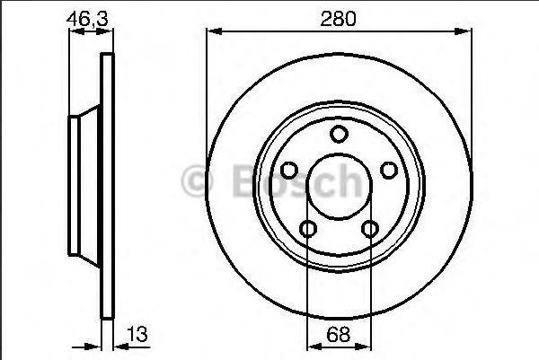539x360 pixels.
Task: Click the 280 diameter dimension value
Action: coord(338,19)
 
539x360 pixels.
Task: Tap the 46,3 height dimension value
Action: coord(87,19)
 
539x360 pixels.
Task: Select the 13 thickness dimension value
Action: coord(137,334)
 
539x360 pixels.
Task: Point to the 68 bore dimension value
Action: coord(339,334)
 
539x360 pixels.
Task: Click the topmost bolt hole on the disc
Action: coord(339,134)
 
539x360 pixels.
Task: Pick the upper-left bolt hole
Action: coord(289,170)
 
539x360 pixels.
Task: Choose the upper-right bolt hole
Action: coord(389,170)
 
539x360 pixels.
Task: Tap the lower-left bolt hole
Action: coord(307,229)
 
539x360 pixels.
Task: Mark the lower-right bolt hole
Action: coord(370,229)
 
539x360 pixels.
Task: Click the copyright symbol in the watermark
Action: coord(197,181)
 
